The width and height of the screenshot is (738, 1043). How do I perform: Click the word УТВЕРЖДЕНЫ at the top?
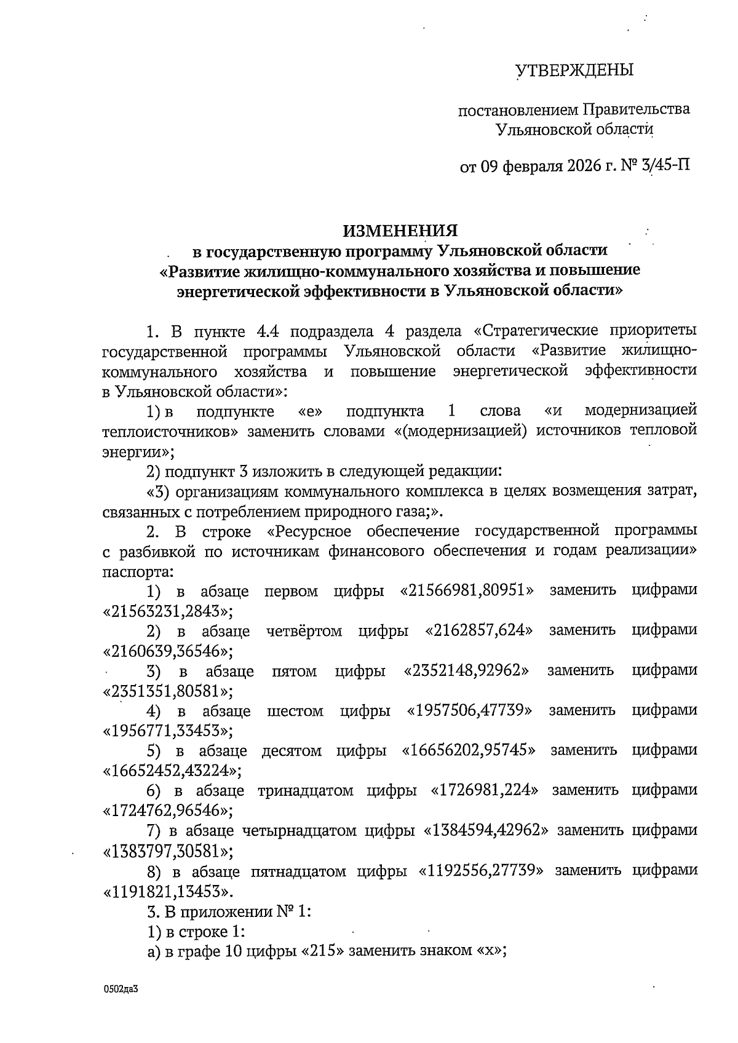(574, 71)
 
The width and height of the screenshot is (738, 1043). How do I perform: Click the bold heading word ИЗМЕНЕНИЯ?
(400, 231)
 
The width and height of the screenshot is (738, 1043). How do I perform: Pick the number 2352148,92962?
(467, 670)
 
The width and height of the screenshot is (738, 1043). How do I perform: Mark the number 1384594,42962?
(486, 831)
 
